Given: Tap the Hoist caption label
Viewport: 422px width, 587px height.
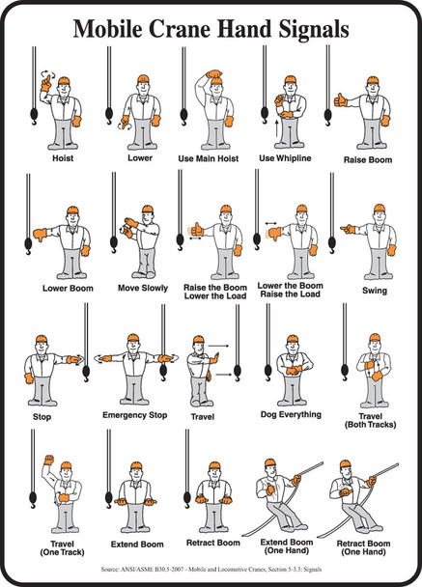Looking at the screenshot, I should click(62, 154).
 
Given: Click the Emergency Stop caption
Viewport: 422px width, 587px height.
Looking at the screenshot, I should click(135, 416).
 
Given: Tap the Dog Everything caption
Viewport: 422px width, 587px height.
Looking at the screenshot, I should click(293, 416).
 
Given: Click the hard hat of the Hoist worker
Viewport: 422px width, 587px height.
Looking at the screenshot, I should click(64, 81).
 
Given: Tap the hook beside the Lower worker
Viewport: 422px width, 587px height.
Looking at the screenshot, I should click(108, 116).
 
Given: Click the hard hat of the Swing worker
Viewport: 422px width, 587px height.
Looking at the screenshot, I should click(379, 209).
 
